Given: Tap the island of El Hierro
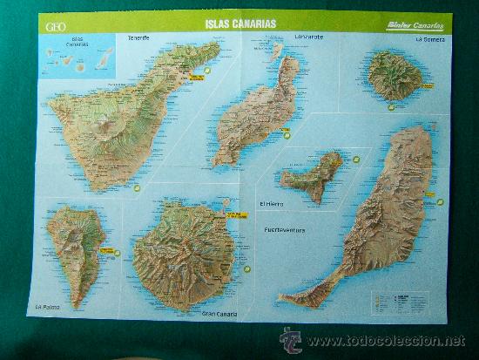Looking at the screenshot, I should pos(312,176).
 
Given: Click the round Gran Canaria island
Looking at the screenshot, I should pos(185,255).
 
